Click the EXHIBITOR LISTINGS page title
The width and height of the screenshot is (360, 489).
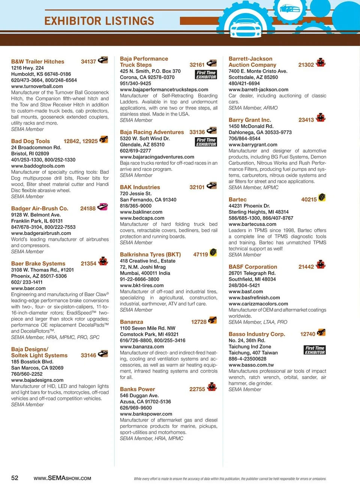pos(99,21)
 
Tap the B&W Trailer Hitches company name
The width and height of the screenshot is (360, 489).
pos(37,61)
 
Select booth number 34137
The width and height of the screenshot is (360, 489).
pos(88,61)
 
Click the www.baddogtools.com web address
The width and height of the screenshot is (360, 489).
pos(38,166)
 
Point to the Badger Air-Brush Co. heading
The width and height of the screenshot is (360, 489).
pos(40,208)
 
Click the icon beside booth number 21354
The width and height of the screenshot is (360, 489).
pos(103,261)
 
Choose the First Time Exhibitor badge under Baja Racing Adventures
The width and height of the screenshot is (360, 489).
pos(206,142)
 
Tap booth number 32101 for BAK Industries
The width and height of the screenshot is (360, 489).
pos(197,187)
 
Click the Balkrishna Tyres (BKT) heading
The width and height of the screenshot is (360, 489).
pos(150,254)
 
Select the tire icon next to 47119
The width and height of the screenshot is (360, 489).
pos(213,252)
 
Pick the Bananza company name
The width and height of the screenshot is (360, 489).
pos(131,322)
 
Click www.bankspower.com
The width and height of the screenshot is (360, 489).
pos(146,414)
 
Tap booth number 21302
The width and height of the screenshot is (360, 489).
pos(306,65)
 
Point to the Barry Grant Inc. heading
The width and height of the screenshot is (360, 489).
pos(250,120)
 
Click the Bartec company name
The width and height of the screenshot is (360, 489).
pos(238,200)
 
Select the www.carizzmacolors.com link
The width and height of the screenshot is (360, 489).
pos(258,304)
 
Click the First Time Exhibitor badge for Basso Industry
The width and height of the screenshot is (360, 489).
pos(315,350)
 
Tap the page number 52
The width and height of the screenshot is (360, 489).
pos(15,478)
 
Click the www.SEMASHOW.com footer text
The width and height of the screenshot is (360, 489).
pos(62,478)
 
